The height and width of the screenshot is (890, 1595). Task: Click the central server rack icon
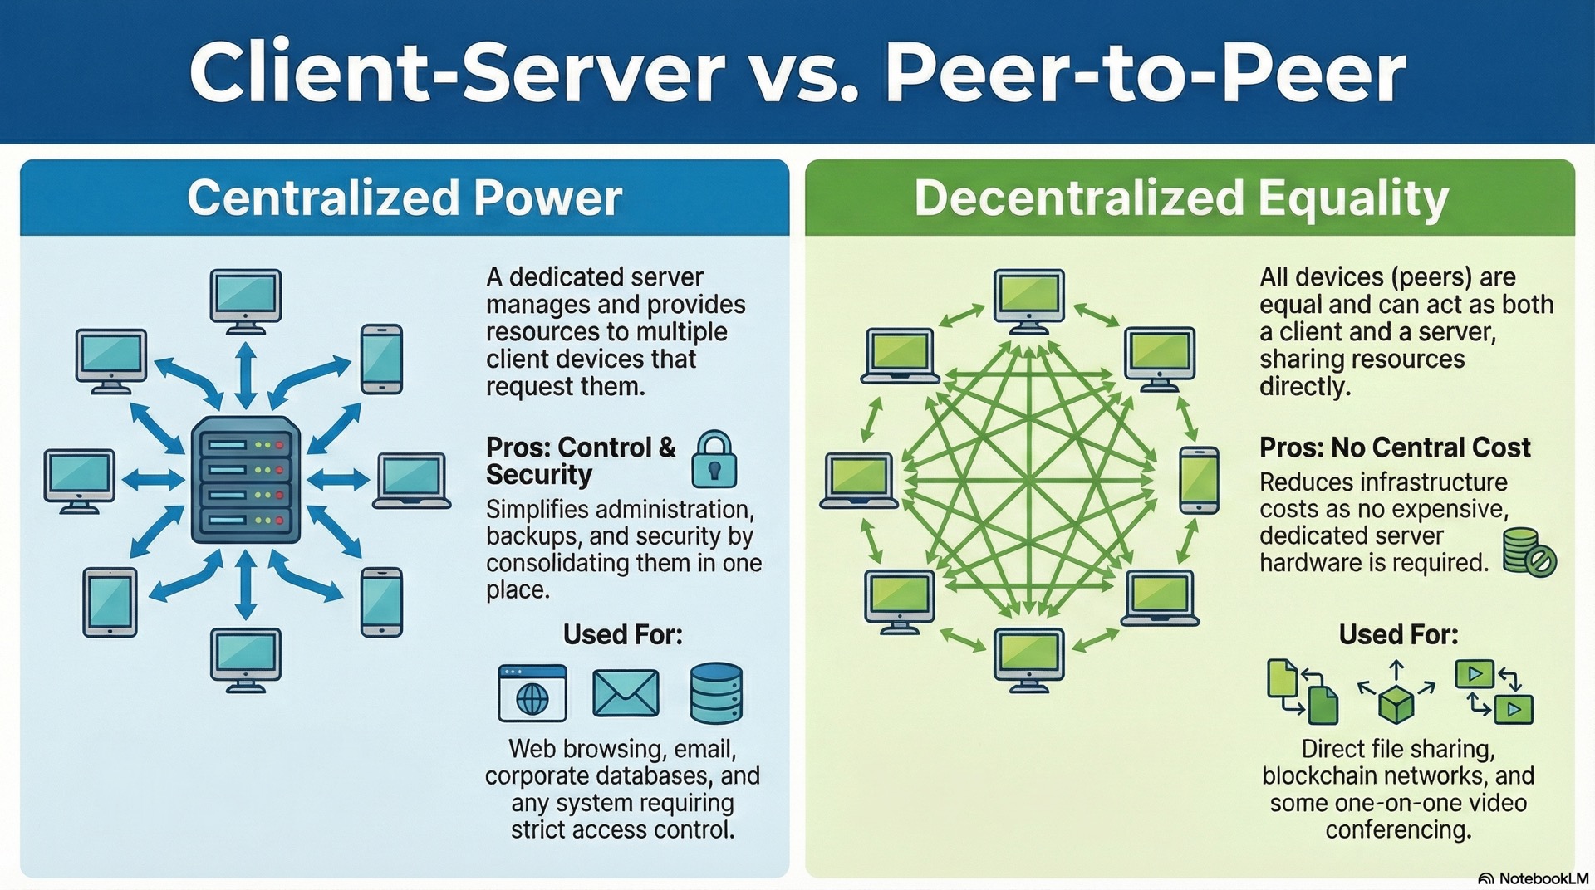click(x=245, y=480)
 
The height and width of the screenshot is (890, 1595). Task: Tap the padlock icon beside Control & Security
click(x=714, y=458)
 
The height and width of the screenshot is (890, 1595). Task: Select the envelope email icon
click(x=626, y=692)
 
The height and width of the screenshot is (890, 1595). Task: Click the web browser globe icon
click(x=532, y=693)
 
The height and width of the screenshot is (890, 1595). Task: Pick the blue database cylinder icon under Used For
click(x=716, y=692)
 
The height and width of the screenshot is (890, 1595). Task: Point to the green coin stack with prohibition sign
click(x=1529, y=552)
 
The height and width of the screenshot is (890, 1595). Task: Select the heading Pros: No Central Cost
click(x=1395, y=447)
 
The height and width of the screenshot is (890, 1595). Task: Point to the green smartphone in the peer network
click(x=1199, y=480)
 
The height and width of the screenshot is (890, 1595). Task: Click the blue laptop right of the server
click(x=411, y=480)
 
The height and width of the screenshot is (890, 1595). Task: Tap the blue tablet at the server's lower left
click(x=110, y=602)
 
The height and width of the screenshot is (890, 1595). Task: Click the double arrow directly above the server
click(x=245, y=375)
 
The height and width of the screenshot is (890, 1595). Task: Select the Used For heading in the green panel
click(x=1398, y=634)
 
